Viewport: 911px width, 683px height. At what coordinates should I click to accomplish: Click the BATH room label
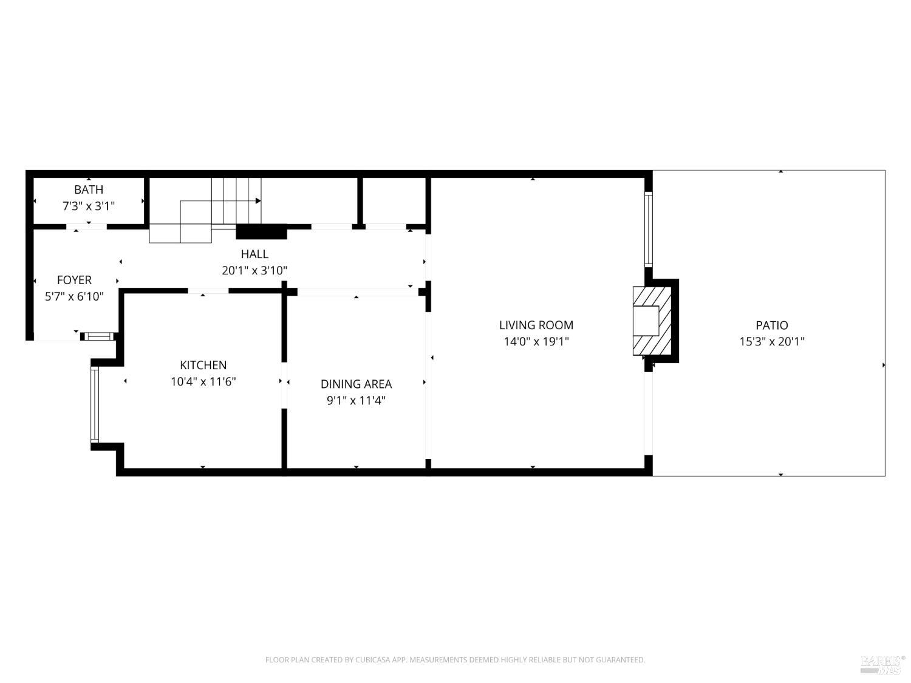[89, 189]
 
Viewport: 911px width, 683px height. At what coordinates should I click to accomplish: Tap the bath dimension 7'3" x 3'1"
[89, 206]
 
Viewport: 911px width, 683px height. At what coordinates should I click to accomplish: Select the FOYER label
[74, 280]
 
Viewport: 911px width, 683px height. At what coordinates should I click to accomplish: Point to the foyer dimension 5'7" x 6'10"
[74, 296]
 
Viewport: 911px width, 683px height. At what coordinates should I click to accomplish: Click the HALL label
[254, 254]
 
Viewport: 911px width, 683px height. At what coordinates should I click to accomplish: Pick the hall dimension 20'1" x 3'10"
[254, 270]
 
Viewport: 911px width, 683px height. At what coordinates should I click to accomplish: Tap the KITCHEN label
[203, 365]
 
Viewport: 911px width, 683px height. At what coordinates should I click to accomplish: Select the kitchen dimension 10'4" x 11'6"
[203, 381]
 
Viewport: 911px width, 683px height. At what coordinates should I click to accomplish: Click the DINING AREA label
[357, 384]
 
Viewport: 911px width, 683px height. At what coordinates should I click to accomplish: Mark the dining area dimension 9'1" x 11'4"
[357, 400]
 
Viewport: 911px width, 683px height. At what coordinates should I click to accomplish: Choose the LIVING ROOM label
[536, 325]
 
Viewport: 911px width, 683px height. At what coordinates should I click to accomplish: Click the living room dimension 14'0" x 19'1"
[536, 341]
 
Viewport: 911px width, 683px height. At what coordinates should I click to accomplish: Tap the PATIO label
[772, 325]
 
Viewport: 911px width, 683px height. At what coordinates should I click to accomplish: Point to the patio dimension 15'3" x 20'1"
[772, 341]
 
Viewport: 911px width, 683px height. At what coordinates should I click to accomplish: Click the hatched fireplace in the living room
[653, 321]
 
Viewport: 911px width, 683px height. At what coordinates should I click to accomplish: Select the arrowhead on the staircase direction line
[258, 200]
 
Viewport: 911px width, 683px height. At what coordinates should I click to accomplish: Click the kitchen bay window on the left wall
[95, 404]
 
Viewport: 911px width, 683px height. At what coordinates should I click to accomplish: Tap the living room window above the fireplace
[648, 229]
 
